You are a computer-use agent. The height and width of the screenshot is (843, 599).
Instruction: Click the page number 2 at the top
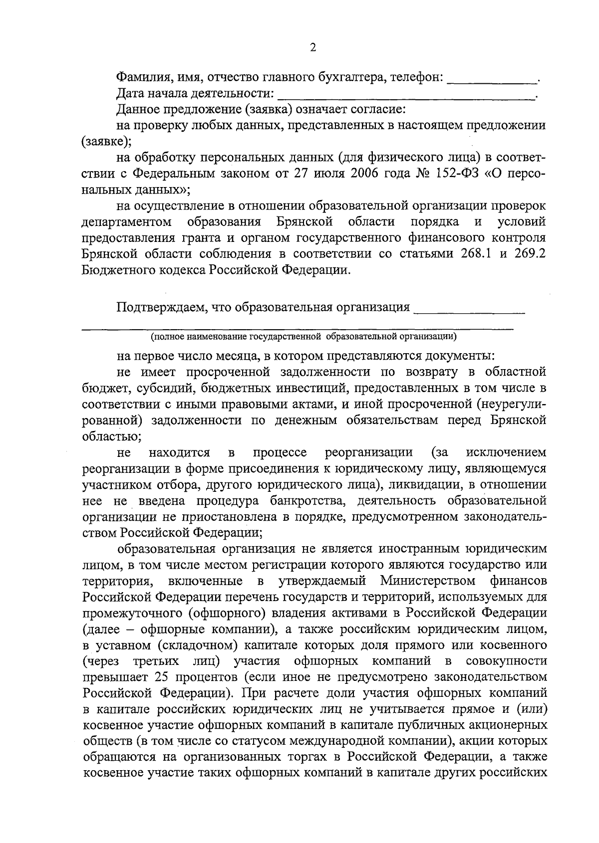pos(313,48)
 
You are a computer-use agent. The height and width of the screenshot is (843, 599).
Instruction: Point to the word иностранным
pos(418,549)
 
